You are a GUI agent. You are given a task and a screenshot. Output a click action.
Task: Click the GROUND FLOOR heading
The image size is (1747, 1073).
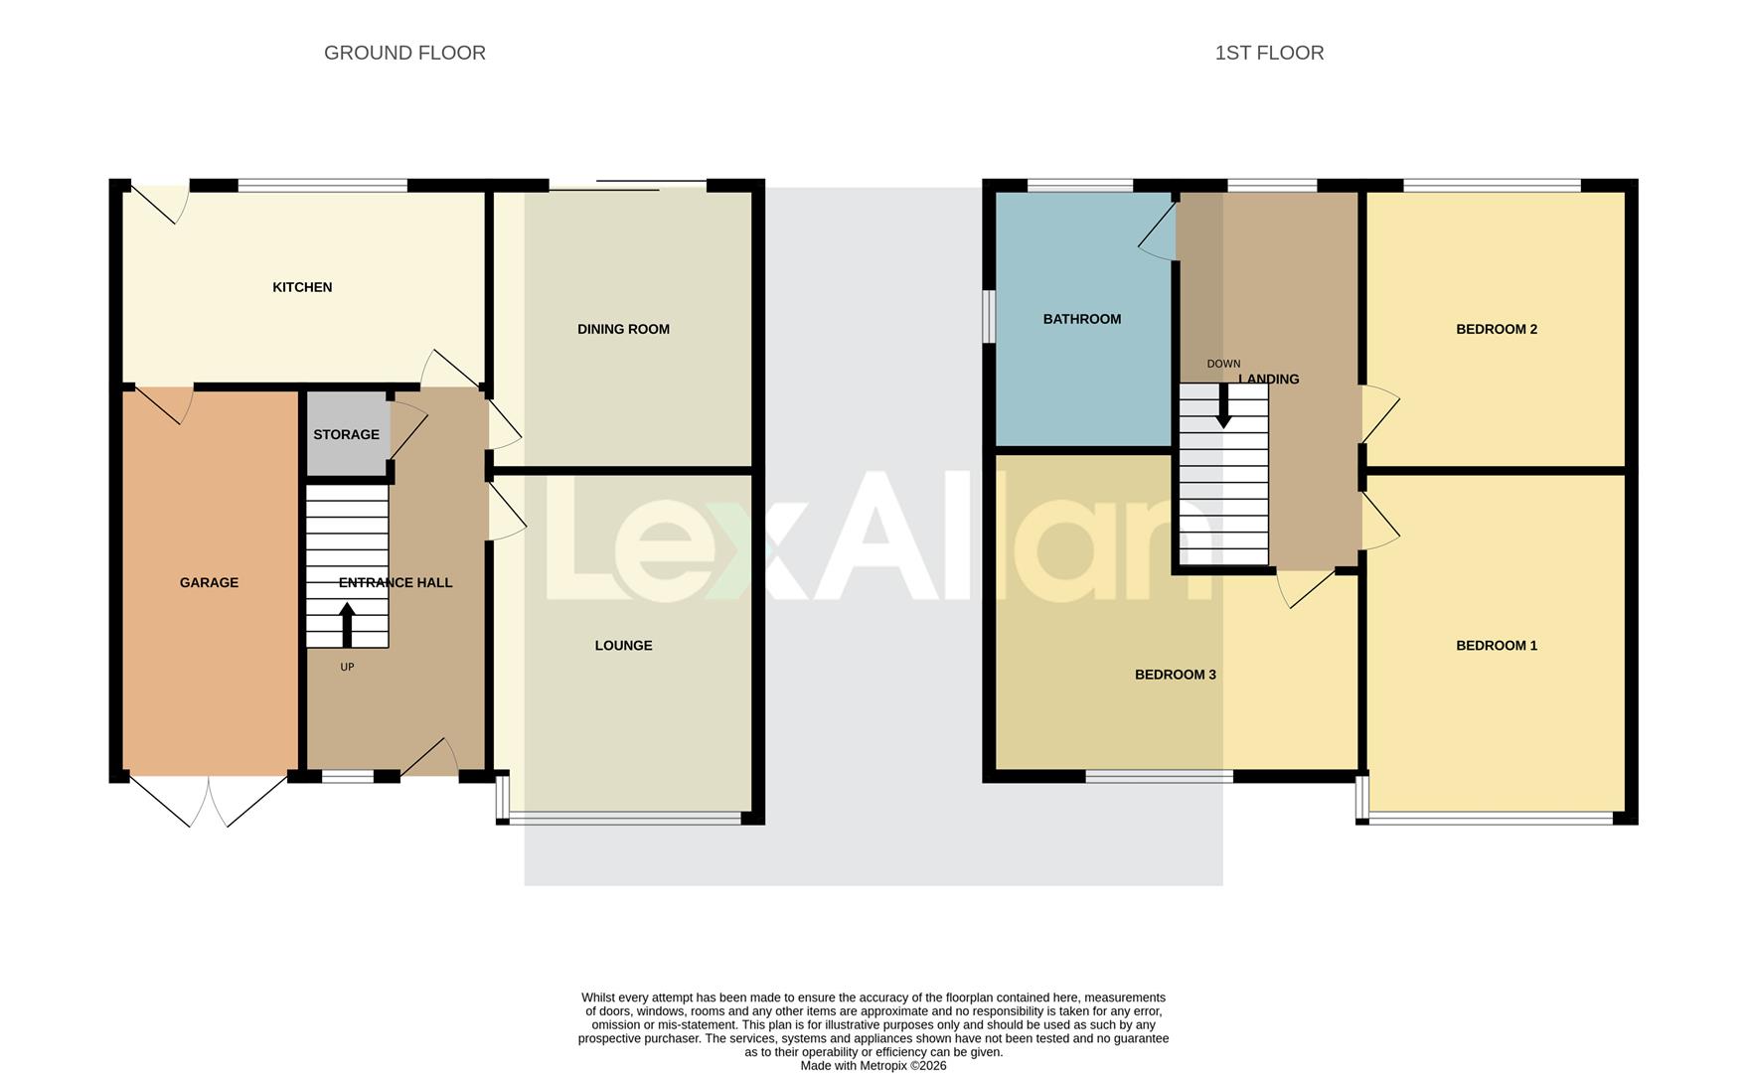click(x=404, y=53)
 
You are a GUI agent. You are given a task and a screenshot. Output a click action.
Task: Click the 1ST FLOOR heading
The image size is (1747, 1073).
click(x=1269, y=53)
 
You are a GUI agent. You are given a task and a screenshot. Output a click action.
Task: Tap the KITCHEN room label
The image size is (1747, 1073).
click(x=302, y=287)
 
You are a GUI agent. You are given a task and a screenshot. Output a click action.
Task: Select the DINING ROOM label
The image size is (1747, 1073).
click(x=623, y=329)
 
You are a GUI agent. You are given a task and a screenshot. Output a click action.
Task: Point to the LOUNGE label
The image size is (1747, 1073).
click(x=623, y=646)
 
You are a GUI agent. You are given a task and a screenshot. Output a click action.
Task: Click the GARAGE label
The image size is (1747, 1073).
click(x=209, y=582)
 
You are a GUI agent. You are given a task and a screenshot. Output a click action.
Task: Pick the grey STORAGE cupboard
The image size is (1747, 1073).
click(x=346, y=434)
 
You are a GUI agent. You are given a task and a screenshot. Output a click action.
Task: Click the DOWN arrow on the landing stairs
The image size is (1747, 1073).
click(x=1223, y=405)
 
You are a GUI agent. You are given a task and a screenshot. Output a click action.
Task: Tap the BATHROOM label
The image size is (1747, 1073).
click(x=1081, y=319)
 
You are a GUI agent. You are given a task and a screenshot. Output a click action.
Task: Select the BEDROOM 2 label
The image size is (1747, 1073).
click(x=1496, y=329)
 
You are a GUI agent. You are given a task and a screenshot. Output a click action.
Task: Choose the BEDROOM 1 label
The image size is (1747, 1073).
click(x=1496, y=646)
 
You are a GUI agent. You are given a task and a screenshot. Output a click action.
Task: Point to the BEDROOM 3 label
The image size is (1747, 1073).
click(x=1175, y=675)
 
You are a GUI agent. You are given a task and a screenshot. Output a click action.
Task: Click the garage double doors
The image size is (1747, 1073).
click(x=209, y=801)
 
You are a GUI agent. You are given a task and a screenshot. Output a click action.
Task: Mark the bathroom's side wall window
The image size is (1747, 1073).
click(x=989, y=316)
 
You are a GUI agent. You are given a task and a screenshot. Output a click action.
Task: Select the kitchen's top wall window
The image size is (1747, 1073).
click(x=323, y=185)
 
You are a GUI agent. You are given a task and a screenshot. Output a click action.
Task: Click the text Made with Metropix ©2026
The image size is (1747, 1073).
click(x=873, y=1065)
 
